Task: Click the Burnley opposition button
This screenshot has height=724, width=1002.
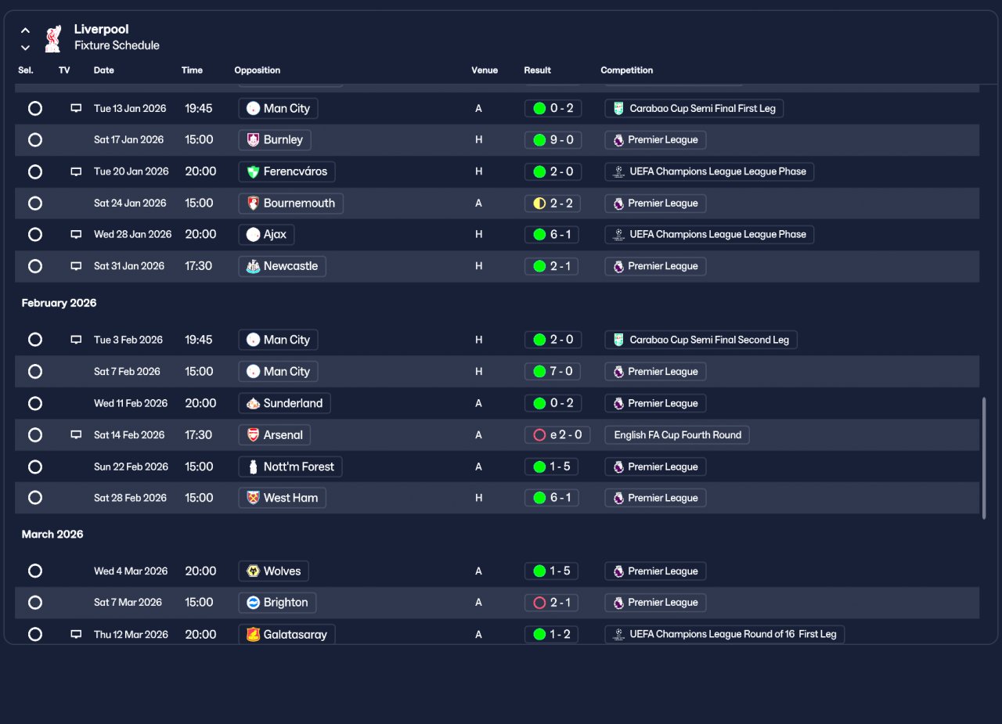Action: pyautogui.click(x=275, y=140)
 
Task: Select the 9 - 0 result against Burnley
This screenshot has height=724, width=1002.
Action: pyautogui.click(x=553, y=140)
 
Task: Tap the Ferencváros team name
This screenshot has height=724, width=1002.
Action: pyautogui.click(x=295, y=171)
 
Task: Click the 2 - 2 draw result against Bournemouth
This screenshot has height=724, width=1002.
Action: pyautogui.click(x=553, y=204)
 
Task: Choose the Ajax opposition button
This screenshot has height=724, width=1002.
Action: pyautogui.click(x=266, y=235)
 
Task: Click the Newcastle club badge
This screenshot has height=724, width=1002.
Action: pyautogui.click(x=253, y=267)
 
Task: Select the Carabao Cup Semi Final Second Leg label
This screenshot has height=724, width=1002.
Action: pyautogui.click(x=701, y=340)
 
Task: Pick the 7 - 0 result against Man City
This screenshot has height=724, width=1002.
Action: pyautogui.click(x=553, y=372)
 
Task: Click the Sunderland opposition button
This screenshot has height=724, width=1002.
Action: pyautogui.click(x=284, y=403)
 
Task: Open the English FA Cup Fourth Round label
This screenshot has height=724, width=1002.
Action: pyautogui.click(x=677, y=435)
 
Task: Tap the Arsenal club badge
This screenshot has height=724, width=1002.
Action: pyautogui.click(x=253, y=435)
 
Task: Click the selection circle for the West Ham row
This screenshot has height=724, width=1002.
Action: pyautogui.click(x=35, y=498)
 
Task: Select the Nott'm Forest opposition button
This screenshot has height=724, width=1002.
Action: pyautogui.click(x=290, y=466)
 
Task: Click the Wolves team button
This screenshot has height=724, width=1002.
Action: pyautogui.click(x=273, y=571)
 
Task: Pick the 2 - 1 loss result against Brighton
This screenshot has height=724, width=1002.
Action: pyautogui.click(x=551, y=603)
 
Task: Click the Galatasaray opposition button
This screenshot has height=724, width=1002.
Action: pyautogui.click(x=287, y=635)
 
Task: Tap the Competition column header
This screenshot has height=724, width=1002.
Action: pyautogui.click(x=627, y=70)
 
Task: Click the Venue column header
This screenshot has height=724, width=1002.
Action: pyautogui.click(x=485, y=70)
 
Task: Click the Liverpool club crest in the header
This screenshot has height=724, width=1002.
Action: pyautogui.click(x=53, y=38)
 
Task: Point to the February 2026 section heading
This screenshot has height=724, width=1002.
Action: pyautogui.click(x=59, y=303)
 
